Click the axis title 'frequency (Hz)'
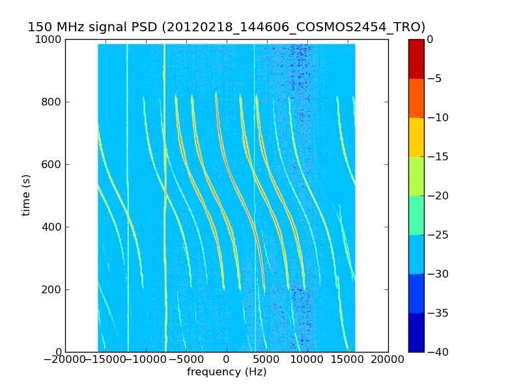[x=227, y=372]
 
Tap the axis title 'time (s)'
[x=27, y=195]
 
